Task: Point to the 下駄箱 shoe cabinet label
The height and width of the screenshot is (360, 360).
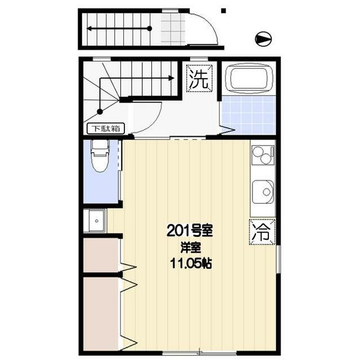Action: point(107,128)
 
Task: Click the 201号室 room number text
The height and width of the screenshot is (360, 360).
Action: point(189,230)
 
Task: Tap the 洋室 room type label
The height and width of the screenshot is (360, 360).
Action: point(188,247)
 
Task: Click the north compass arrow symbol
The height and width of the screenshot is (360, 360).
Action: point(263,39)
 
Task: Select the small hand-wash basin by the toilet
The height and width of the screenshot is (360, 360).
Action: point(94,221)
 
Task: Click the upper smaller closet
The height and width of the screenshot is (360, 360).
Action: point(101,256)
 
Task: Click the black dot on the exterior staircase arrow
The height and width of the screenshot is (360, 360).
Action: point(149,28)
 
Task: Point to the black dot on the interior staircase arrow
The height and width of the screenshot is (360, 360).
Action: point(100,111)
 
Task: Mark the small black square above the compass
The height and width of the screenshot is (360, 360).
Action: point(223,10)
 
